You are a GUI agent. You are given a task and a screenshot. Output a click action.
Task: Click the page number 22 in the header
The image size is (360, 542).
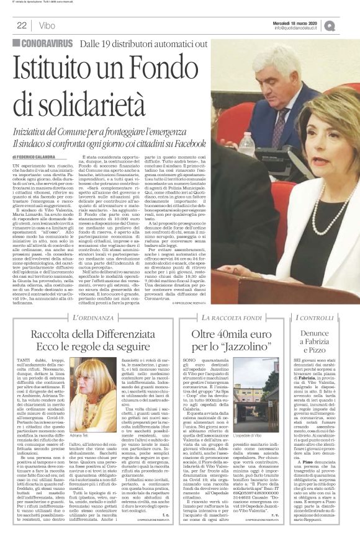tap(20, 25)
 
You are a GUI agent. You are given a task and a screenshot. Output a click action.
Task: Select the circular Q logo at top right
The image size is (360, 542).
tap(346, 25)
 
